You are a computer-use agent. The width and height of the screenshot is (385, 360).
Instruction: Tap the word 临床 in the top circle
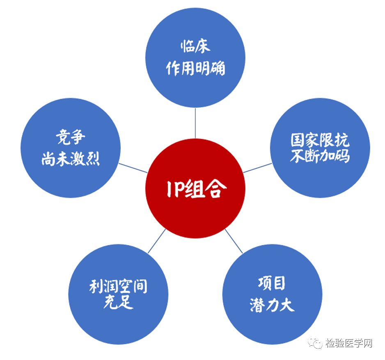coord(195,46)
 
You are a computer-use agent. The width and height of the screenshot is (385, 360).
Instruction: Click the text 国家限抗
coord(320,140)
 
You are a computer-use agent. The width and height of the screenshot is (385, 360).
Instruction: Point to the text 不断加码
coord(320,156)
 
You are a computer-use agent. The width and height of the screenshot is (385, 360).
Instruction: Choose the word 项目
coord(271,283)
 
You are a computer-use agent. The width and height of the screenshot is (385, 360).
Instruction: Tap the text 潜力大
coord(271,305)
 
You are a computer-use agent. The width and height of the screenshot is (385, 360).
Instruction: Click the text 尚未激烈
coord(71,159)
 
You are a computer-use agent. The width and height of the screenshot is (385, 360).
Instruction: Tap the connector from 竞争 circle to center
coord(133,168)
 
